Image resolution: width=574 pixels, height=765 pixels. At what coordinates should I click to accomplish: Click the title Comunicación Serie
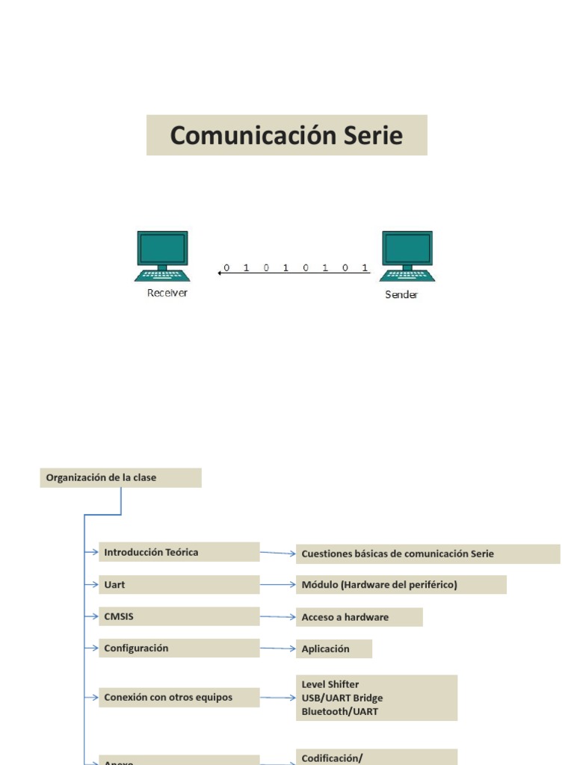(x=286, y=135)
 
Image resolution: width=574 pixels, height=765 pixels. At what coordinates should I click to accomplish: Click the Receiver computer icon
(x=162, y=255)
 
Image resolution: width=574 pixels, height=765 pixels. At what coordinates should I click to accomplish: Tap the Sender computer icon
(x=407, y=255)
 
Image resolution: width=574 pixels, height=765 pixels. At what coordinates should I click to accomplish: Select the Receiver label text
(x=167, y=293)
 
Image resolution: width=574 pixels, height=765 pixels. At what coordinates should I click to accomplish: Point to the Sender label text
(x=401, y=294)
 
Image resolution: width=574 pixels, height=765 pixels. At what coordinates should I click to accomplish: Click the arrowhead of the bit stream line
(x=219, y=273)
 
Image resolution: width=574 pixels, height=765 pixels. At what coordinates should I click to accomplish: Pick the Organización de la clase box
(x=120, y=477)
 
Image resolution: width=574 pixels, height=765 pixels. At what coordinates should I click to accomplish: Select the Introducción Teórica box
(x=179, y=552)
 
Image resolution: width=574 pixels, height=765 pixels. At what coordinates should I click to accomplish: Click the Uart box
(x=179, y=585)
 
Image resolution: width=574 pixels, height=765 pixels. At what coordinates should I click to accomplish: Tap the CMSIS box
(x=179, y=617)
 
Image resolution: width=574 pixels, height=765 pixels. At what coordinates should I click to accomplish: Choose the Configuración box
(x=179, y=648)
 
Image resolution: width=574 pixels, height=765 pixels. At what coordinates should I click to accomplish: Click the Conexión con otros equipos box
(x=179, y=698)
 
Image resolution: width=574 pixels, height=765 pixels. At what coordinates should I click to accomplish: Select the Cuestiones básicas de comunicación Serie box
(x=428, y=554)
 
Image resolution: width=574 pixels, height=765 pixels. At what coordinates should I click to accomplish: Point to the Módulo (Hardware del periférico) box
(x=401, y=585)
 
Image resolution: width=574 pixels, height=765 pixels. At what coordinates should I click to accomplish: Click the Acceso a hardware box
(x=359, y=617)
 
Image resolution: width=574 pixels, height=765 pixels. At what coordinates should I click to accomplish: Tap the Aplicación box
(x=333, y=649)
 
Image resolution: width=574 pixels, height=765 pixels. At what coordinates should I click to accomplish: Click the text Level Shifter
(x=330, y=684)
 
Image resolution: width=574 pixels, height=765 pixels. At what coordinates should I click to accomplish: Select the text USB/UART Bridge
(x=342, y=698)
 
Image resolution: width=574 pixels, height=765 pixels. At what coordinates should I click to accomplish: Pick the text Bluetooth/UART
(x=340, y=711)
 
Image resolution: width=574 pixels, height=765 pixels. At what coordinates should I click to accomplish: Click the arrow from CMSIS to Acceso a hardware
(x=278, y=617)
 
